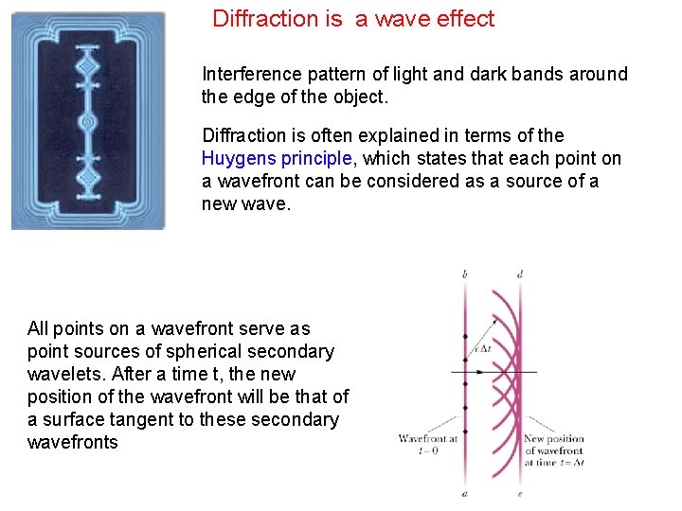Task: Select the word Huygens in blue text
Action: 239,159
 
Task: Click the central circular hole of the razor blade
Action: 88,122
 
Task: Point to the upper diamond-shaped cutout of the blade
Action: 88,68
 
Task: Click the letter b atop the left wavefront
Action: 465,274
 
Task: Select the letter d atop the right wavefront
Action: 520,274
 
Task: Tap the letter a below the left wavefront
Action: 465,494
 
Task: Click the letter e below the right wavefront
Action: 520,494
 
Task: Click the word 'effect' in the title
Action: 464,19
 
